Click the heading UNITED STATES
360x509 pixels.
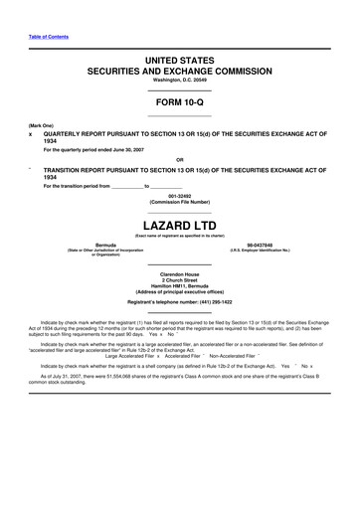tap(180, 62)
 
